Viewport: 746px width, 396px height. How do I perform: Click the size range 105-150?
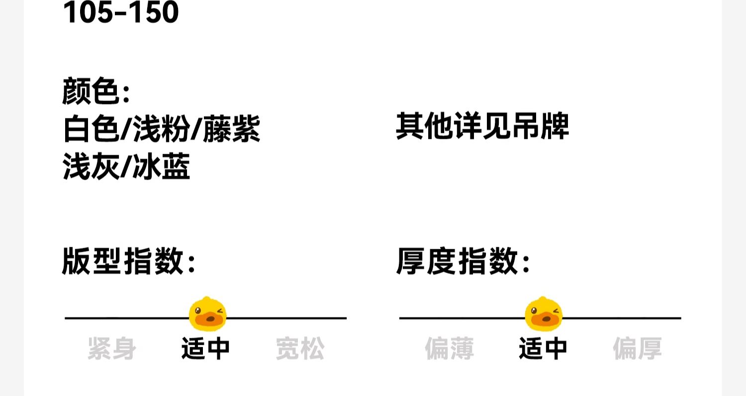(121, 13)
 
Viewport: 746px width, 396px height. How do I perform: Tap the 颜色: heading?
(96, 92)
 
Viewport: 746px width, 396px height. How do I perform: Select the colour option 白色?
(91, 129)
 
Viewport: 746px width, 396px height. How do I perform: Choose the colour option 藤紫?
(231, 129)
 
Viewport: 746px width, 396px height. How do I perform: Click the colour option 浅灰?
(92, 167)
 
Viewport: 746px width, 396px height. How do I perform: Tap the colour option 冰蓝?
(162, 167)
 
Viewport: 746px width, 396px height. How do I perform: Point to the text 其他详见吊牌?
(482, 126)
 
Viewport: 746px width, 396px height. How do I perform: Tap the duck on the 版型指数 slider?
(208, 314)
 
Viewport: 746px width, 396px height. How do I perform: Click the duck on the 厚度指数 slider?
(544, 314)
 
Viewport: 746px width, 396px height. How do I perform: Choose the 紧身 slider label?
(112, 348)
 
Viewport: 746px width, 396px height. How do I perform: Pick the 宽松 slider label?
(300, 348)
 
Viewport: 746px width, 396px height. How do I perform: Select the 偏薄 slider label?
(450, 348)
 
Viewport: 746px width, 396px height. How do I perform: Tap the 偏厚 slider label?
(637, 348)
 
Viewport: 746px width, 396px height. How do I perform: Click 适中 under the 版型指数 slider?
(205, 348)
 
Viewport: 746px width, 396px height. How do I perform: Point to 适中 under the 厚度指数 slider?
(543, 348)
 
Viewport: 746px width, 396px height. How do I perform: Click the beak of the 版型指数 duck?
(205, 320)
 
